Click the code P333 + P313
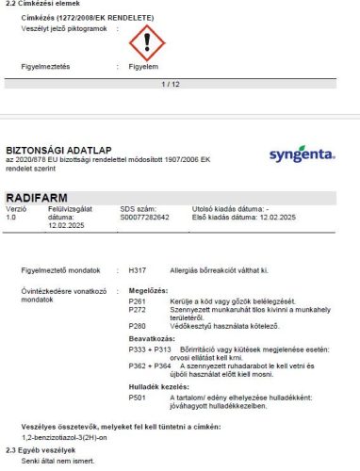tap(147, 349)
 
